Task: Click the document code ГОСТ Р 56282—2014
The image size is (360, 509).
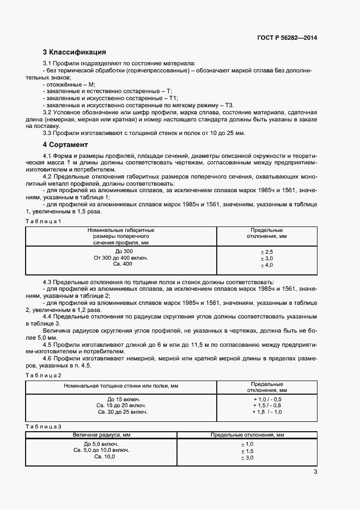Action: click(x=286, y=38)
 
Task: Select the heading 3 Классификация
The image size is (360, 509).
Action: click(x=74, y=53)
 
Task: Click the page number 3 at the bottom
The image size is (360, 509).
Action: click(x=315, y=471)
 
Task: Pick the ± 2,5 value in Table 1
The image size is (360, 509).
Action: click(x=267, y=252)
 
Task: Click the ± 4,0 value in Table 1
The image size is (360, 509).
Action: click(x=267, y=265)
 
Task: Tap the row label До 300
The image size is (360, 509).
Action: click(x=121, y=251)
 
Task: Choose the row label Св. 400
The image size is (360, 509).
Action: click(x=121, y=264)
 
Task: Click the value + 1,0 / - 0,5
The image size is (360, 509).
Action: click(x=267, y=399)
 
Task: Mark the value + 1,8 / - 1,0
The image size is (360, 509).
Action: click(x=267, y=412)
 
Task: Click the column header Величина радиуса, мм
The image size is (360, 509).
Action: click(x=101, y=436)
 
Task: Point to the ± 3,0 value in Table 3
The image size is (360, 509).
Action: click(x=247, y=458)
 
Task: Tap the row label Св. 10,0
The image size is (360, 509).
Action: click(x=104, y=456)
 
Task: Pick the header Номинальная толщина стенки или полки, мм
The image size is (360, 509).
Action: click(x=121, y=386)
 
